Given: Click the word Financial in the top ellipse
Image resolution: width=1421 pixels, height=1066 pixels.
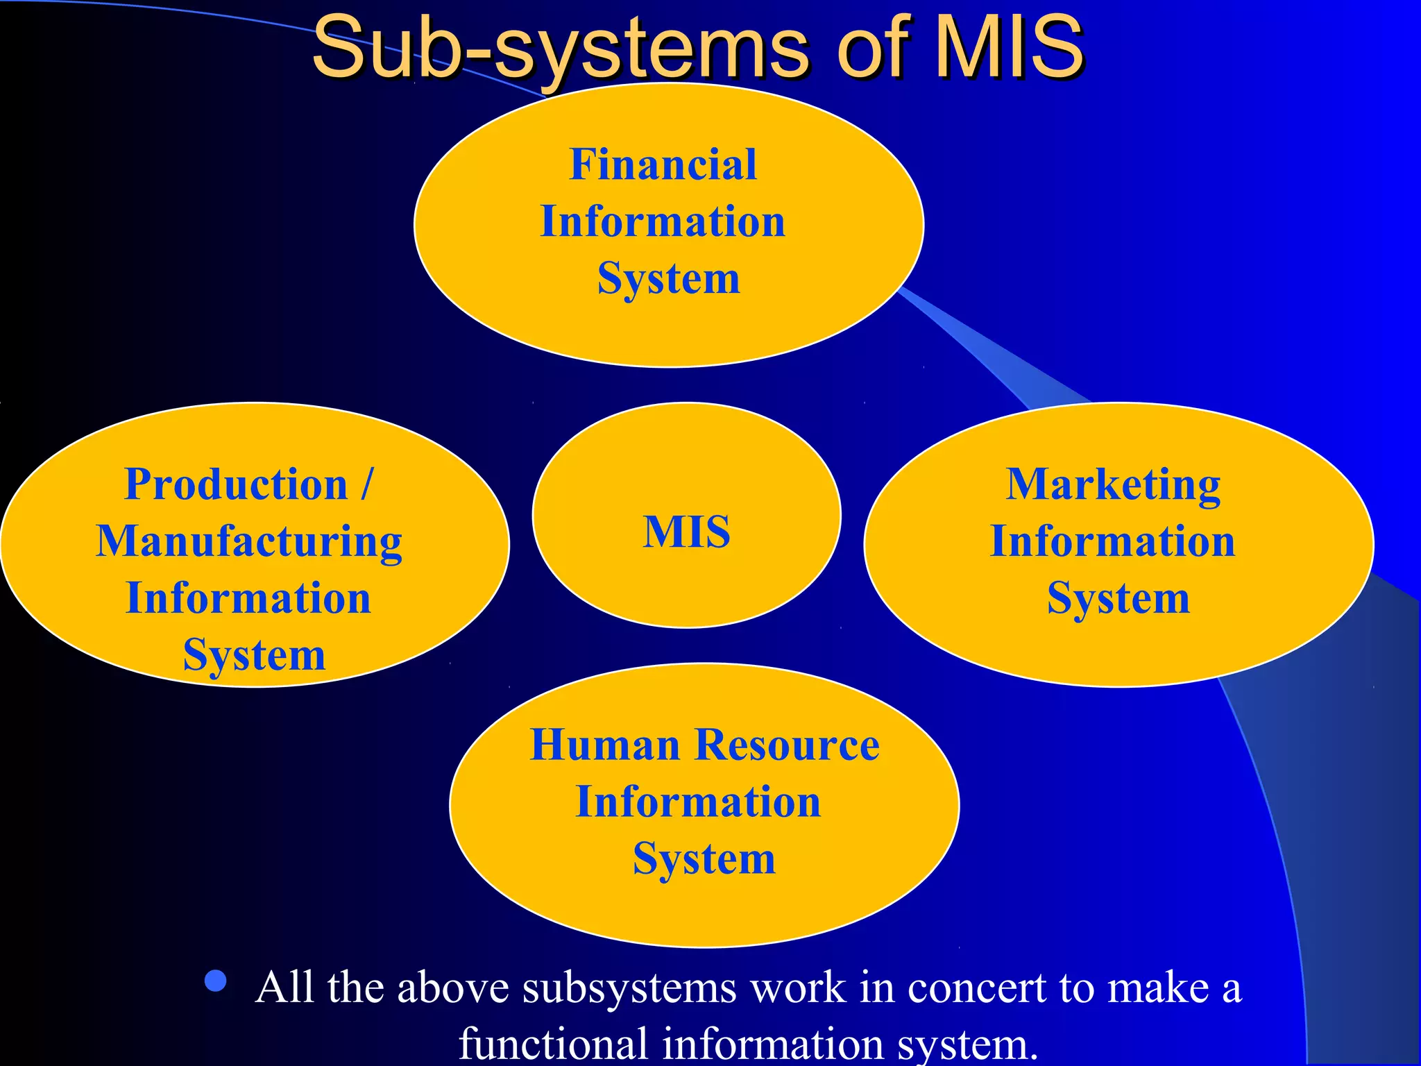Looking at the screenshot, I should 663,164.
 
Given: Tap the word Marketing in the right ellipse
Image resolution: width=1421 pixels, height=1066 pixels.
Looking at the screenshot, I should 1113,485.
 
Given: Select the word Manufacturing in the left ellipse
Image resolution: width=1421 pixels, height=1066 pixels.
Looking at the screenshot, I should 248,542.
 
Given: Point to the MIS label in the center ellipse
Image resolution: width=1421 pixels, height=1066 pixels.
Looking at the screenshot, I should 686,532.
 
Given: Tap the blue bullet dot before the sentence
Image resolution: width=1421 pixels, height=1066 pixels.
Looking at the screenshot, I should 216,981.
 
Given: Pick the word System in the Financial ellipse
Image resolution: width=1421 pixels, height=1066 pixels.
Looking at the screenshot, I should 669,279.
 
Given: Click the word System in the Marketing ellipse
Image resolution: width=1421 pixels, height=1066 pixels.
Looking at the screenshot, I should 1118,598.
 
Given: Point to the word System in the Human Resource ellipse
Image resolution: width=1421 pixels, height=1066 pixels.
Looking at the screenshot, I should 704,859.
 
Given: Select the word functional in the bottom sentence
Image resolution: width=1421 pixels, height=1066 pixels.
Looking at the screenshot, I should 554,1043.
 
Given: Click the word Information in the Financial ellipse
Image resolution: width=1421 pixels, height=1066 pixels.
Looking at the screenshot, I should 663,222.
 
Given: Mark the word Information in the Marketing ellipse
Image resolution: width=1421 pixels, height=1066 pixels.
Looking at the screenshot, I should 1112,541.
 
